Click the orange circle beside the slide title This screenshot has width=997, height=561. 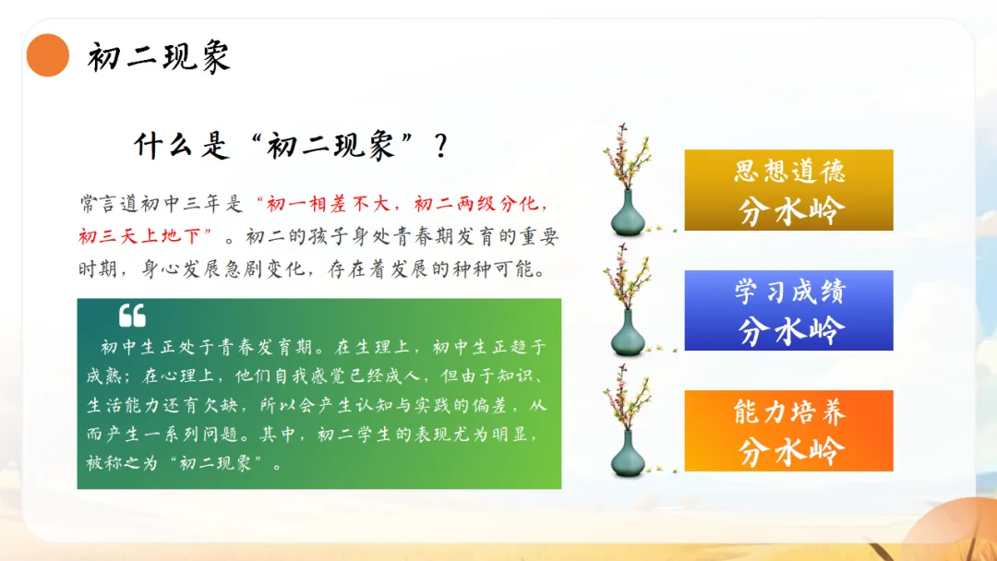[48, 55]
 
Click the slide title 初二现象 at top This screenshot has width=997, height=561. [159, 58]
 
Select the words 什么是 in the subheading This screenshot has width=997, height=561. [181, 146]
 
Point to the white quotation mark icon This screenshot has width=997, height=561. [132, 316]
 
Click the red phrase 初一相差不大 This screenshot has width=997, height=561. [328, 204]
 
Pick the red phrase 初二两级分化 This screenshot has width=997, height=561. [475, 204]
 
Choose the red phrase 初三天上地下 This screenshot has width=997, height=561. [140, 236]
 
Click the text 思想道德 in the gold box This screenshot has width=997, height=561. [789, 171]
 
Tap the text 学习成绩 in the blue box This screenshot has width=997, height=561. [789, 292]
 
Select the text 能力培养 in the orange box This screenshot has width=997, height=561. [789, 412]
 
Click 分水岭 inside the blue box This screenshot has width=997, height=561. [790, 330]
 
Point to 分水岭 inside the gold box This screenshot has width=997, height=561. [790, 210]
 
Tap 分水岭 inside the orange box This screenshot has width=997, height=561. [790, 451]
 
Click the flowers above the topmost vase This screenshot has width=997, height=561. [627, 157]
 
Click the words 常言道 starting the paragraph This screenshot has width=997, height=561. [109, 204]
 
